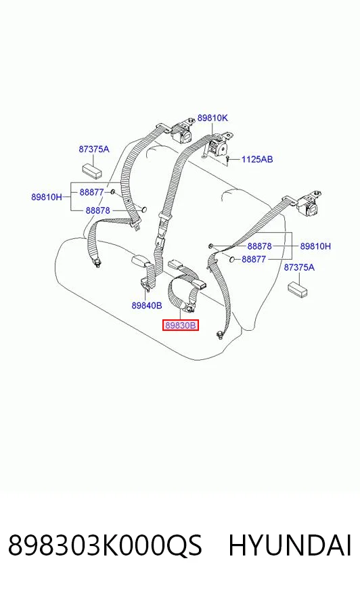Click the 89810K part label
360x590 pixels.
click(x=212, y=118)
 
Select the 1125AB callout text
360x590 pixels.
click(x=257, y=159)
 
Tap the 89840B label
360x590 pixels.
click(x=147, y=305)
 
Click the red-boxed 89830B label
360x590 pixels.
click(x=181, y=325)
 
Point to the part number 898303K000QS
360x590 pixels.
click(x=105, y=545)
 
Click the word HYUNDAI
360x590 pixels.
click(x=290, y=545)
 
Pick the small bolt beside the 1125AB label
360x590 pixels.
click(x=228, y=160)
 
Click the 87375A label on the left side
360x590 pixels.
click(x=94, y=149)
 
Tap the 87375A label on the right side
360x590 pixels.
click(x=299, y=267)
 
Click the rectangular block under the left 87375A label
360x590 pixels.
click(x=92, y=170)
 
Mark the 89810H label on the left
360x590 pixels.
click(x=47, y=197)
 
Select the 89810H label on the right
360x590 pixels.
click(x=315, y=246)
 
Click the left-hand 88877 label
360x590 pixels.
click(x=91, y=192)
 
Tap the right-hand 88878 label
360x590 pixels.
click(x=260, y=246)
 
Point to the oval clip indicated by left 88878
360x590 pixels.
click(x=143, y=210)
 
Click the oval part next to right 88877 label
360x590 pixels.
click(x=232, y=259)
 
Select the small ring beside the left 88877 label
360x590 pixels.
click(x=112, y=192)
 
